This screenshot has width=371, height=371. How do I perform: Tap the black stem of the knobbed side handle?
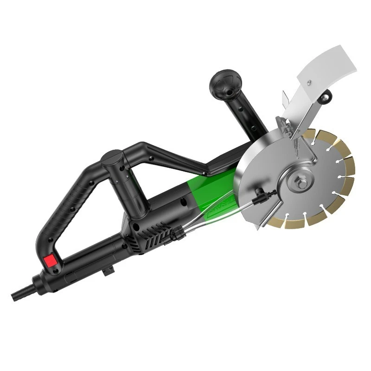pyautogui.click(x=246, y=116)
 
